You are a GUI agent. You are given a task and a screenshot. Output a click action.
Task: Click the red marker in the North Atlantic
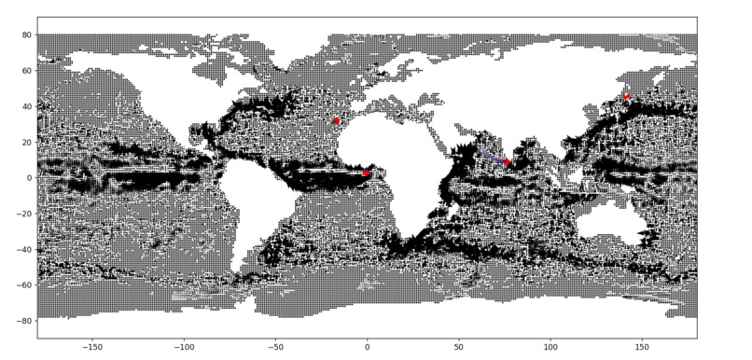tap(336, 120)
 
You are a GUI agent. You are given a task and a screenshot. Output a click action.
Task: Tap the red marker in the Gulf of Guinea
tap(366, 173)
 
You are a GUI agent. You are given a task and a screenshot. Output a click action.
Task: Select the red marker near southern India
tap(507, 162)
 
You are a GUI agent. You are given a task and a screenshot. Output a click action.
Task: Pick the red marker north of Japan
tap(626, 96)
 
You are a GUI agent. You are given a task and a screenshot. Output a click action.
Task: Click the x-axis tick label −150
tap(91, 345)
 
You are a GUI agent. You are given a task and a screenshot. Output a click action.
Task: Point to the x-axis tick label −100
tap(183, 345)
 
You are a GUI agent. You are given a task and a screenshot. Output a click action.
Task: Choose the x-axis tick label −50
tap(275, 345)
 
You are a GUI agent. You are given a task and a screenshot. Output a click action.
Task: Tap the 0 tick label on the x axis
tap(367, 345)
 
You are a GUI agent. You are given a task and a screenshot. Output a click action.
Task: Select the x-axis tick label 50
tap(458, 345)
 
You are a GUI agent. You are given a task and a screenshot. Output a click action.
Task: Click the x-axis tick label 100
tap(550, 345)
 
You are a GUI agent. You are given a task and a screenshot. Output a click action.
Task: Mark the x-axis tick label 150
tap(641, 345)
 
